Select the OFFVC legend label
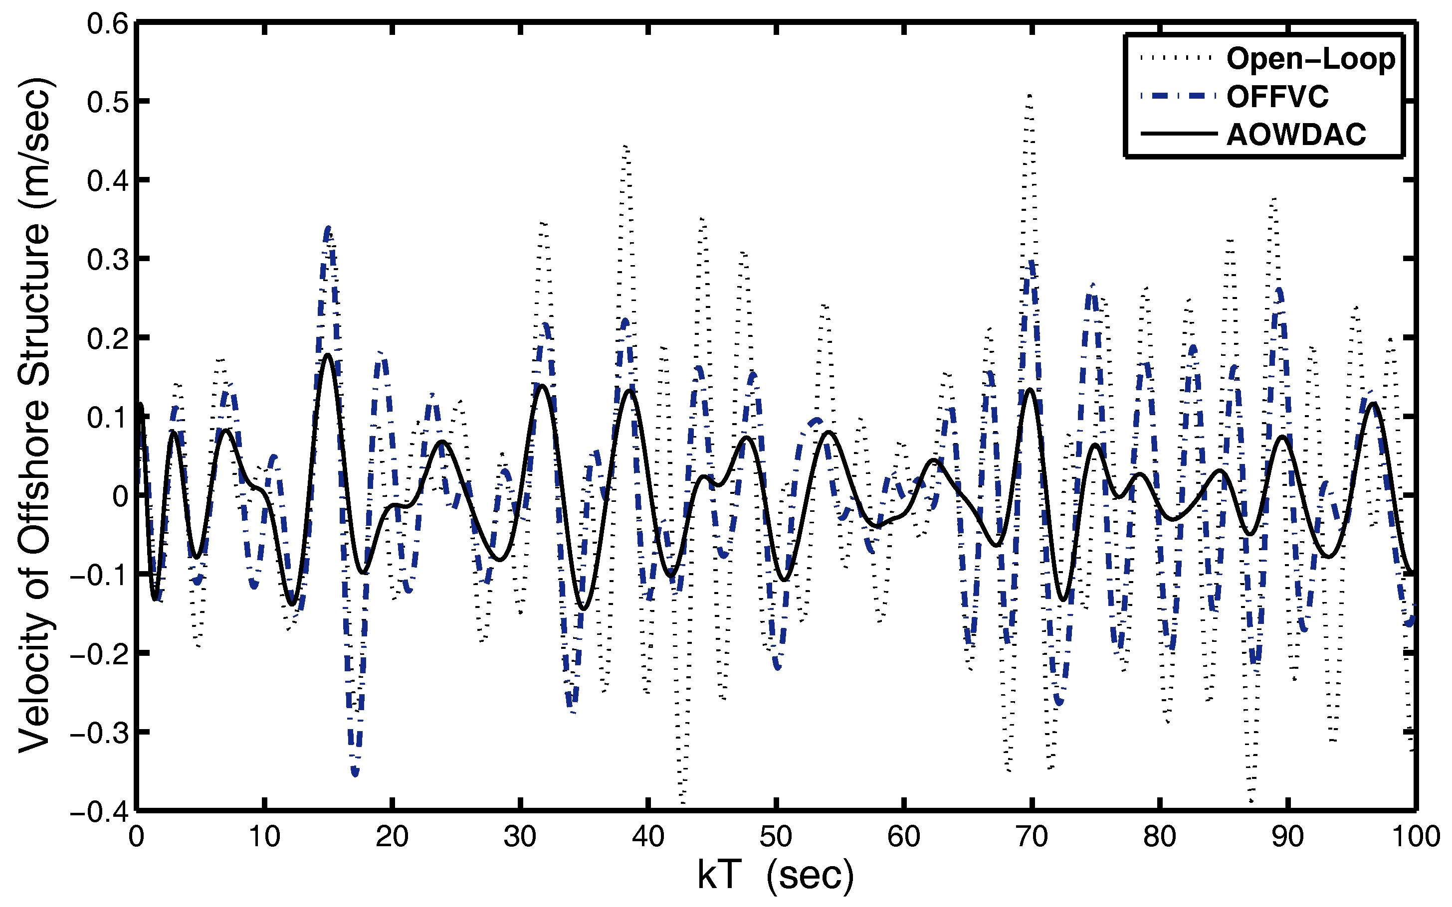tap(1277, 97)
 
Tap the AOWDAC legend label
tap(1296, 135)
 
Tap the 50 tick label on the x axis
tap(776, 836)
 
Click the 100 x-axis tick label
tap(1416, 836)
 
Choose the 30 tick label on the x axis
tap(520, 836)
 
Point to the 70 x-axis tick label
tap(1032, 836)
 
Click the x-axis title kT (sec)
tap(775, 875)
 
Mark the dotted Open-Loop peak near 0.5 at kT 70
tap(1030, 96)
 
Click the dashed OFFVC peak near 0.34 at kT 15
tap(328, 229)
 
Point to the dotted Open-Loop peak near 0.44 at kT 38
tap(626, 147)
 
